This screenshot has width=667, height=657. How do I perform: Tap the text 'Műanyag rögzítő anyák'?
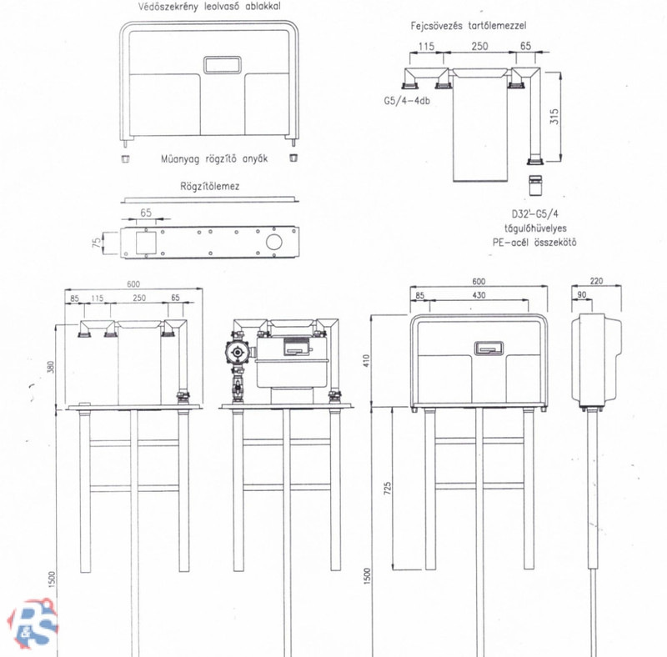click(x=210, y=158)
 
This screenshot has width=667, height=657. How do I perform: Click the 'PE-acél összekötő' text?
click(x=535, y=243)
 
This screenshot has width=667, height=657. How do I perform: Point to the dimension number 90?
click(x=581, y=296)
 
